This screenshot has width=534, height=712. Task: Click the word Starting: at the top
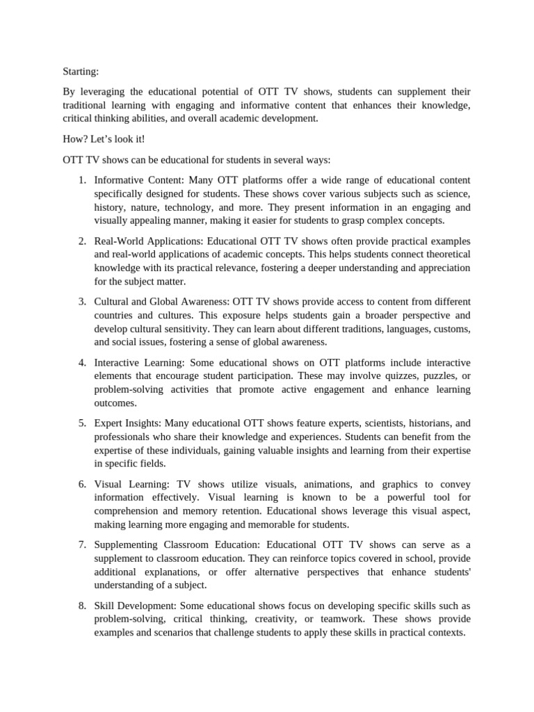pyautogui.click(x=81, y=72)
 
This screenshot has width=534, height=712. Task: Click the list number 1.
pyautogui.click(x=81, y=181)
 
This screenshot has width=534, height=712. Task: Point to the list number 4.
pyautogui.click(x=81, y=363)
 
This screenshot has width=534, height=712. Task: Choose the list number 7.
pyautogui.click(x=81, y=544)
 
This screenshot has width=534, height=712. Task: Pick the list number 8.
pyautogui.click(x=81, y=605)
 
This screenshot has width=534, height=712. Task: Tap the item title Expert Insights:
pyautogui.click(x=127, y=423)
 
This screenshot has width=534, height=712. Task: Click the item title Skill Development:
pyautogui.click(x=133, y=605)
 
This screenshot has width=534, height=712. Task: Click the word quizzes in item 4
pyautogui.click(x=395, y=376)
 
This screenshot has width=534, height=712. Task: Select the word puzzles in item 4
pyautogui.click(x=437, y=376)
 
